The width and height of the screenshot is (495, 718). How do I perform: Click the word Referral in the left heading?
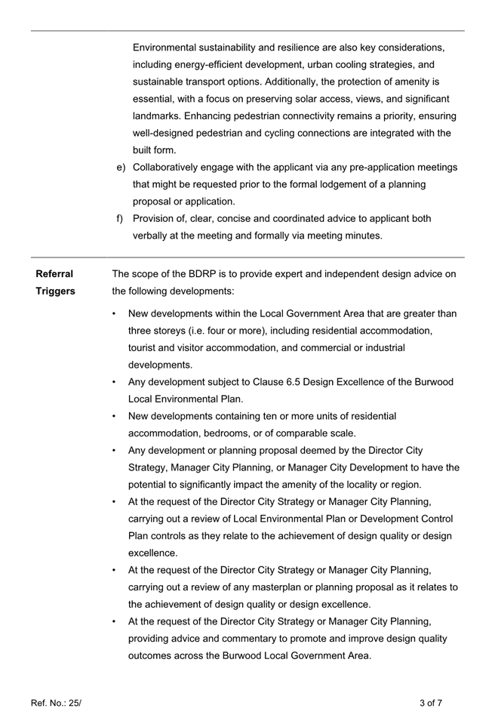click(54, 274)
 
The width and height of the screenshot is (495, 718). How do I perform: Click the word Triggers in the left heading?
click(55, 291)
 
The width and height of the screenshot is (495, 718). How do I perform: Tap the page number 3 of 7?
click(430, 703)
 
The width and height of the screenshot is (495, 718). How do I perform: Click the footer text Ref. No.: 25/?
click(56, 703)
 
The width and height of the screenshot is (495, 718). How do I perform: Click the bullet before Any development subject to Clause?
click(113, 382)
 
